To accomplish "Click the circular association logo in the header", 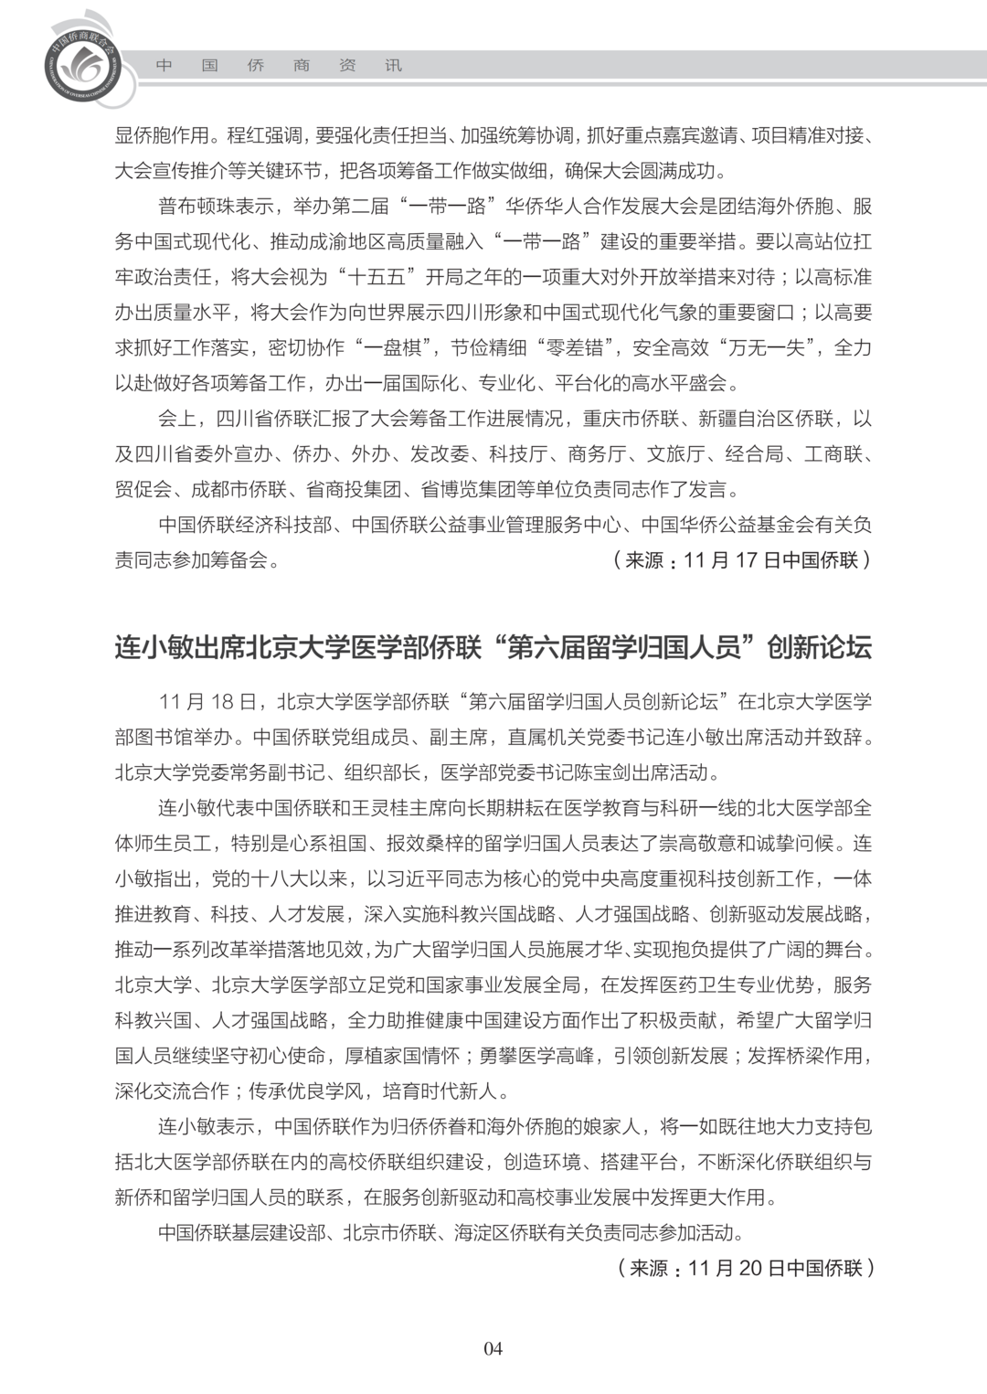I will pos(81,67).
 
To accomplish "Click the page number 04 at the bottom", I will pos(493,1348).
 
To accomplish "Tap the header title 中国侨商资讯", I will pos(279,66).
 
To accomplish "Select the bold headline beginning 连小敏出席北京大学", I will pos(493,647).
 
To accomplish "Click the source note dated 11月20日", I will pos(745,1268).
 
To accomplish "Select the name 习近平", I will pos(416,878).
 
